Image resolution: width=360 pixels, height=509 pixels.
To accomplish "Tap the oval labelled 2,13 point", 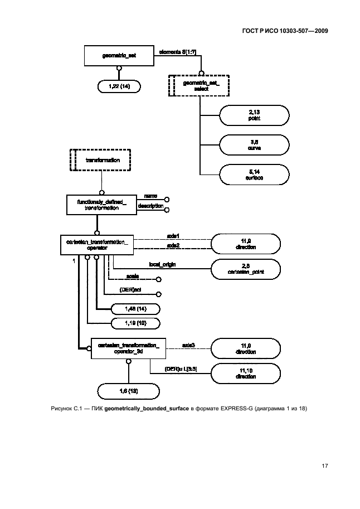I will [255, 116].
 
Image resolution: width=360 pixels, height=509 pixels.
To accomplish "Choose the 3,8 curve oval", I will [255, 146].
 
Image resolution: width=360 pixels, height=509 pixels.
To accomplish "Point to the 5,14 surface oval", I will [255, 175].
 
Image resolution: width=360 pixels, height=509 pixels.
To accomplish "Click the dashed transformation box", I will [101, 160].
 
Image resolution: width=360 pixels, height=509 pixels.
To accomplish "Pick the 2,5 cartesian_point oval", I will [246, 269].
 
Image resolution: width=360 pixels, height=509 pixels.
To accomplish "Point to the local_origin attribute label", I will [162, 264].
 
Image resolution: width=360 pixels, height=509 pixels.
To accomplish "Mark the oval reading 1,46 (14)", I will [135, 308].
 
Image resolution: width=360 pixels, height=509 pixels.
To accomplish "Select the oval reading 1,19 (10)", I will [135, 323].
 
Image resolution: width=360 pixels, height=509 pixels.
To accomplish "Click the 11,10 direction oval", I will [246, 372].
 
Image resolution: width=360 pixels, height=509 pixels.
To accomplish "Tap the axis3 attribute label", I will [188, 345].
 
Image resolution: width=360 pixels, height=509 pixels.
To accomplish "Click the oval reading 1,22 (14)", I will [119, 86].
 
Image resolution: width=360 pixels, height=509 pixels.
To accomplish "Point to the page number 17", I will [324, 465].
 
